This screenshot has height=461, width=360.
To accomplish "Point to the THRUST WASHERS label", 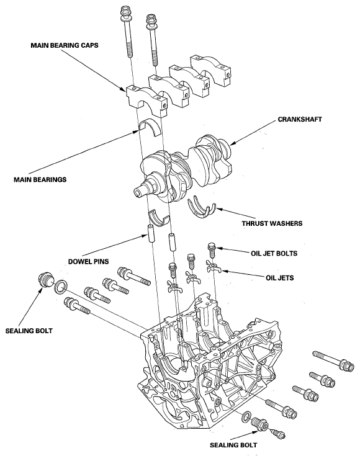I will tap(271, 223).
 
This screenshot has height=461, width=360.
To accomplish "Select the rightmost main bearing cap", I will tap(213, 67).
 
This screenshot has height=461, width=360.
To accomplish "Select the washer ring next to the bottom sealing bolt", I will tap(247, 416).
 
